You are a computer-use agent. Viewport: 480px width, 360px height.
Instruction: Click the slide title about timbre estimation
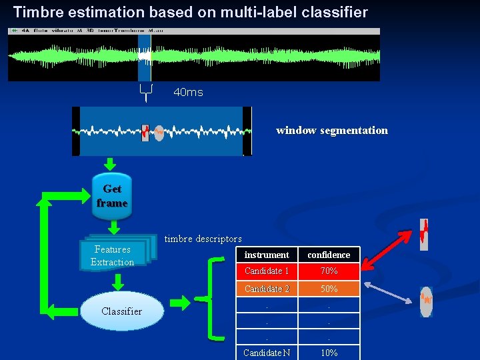point(191,12)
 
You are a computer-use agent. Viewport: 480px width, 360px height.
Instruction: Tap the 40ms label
point(188,92)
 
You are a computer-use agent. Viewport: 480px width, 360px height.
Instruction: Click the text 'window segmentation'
point(331,130)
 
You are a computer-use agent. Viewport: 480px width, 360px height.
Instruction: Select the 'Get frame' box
point(112,196)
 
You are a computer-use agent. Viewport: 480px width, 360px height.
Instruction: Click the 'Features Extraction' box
point(113,255)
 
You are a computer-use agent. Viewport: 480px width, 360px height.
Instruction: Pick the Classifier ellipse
point(121,311)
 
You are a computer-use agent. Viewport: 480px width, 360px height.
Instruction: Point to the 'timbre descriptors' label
point(203,239)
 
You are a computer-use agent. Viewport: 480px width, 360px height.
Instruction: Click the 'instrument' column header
point(267,255)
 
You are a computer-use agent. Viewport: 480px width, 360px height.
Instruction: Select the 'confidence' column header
point(329,255)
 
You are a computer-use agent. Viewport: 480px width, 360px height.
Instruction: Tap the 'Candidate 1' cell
point(267,271)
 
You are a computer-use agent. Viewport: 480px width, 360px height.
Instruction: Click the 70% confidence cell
point(329,271)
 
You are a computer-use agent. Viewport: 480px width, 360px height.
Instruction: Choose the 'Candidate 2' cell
point(267,289)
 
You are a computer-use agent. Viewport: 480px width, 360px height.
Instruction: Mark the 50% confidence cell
point(329,289)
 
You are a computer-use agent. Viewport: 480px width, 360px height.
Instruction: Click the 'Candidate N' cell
point(267,353)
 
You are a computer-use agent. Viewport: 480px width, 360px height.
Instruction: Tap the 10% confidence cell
point(329,353)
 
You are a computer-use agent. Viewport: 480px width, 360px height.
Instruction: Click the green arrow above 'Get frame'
point(111,164)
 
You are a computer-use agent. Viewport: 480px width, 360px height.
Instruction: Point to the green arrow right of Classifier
point(179,303)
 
